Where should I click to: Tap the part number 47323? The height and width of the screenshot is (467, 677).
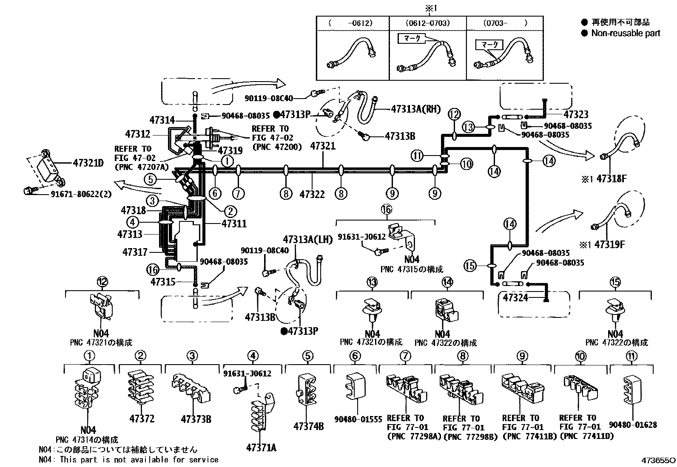coord(576,114)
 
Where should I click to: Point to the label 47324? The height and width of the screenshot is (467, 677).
coord(515,297)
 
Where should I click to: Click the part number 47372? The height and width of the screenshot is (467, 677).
coord(142,419)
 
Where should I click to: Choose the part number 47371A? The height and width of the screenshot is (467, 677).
coord(261,447)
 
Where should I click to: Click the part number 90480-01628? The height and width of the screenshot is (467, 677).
coord(632,425)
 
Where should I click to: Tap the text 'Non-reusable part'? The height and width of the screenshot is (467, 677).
coord(626,33)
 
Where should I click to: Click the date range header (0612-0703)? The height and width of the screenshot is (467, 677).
coord(427,23)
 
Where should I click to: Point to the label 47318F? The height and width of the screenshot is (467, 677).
coord(612,179)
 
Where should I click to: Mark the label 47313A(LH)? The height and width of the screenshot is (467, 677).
coord(307,239)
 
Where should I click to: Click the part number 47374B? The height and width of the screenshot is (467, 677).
coord(308,426)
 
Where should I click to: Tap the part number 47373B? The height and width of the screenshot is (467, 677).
coord(196,419)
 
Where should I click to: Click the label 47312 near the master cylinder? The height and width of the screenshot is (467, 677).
coord(137,134)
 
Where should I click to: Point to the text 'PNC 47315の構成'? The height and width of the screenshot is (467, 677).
coord(412,269)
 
